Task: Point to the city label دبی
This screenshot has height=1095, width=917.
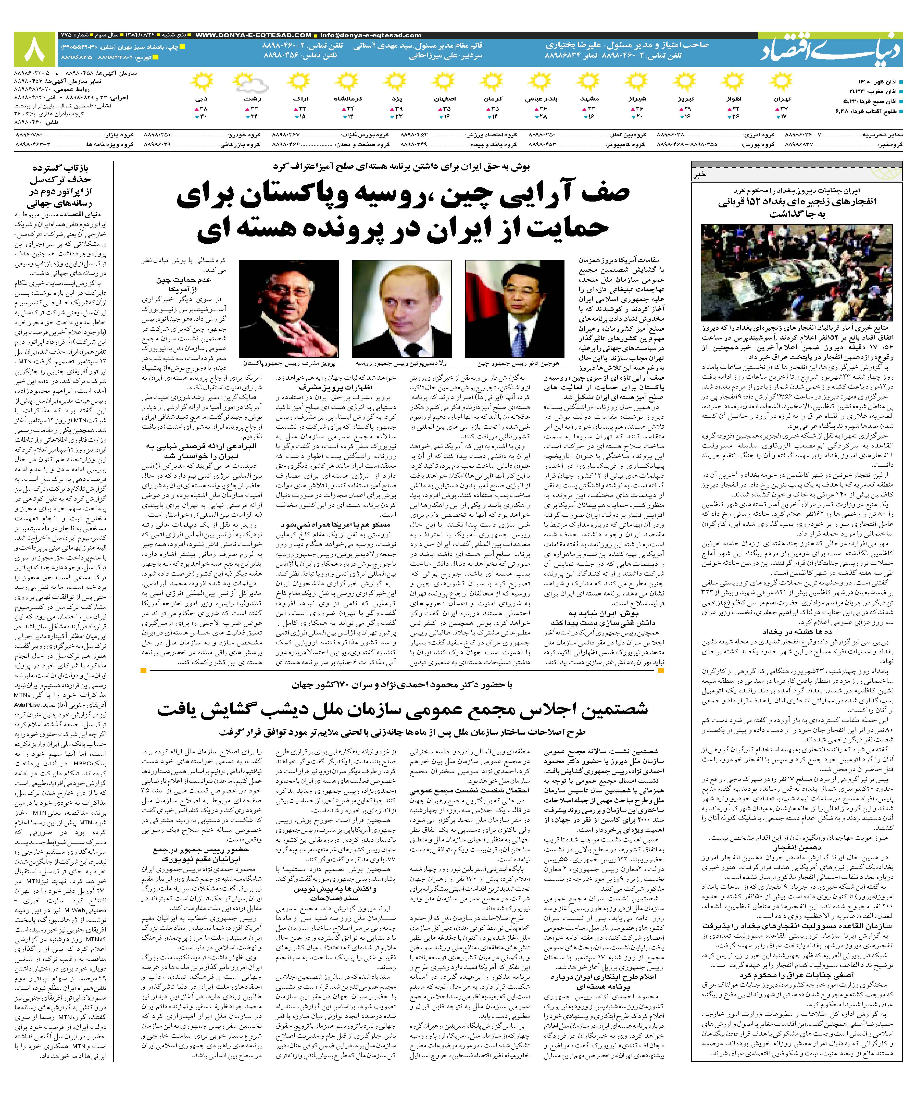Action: [x=201, y=98]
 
